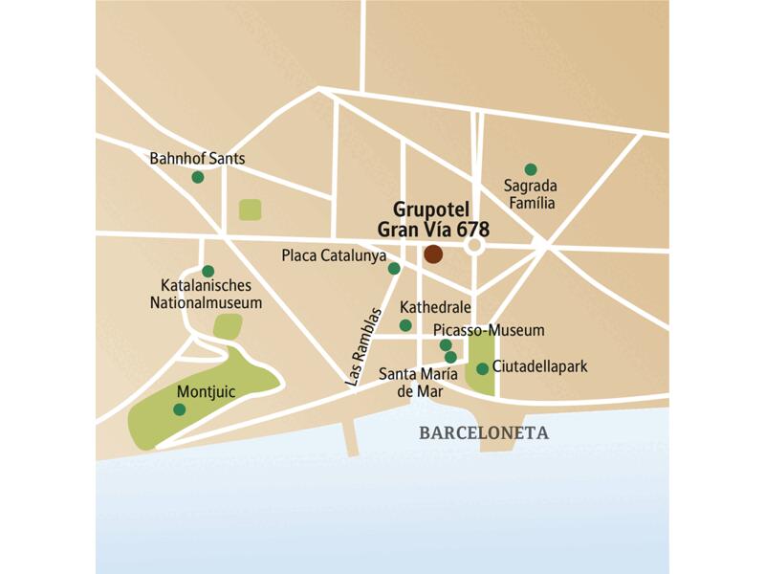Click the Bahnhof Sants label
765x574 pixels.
click(198, 158)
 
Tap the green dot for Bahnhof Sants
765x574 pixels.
click(198, 177)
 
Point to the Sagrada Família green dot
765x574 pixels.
click(531, 169)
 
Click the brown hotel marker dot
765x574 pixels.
click(433, 254)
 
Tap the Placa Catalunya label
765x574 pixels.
click(334, 256)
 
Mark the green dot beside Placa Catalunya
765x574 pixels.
click(394, 268)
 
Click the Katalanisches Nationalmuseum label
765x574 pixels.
click(206, 295)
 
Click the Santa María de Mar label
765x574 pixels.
click(417, 382)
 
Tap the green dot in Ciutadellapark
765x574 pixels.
click(483, 368)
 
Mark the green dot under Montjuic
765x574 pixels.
click(179, 409)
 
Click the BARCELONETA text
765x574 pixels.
click(484, 432)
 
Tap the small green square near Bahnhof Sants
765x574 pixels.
click(251, 210)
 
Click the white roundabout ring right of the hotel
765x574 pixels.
click(475, 247)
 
